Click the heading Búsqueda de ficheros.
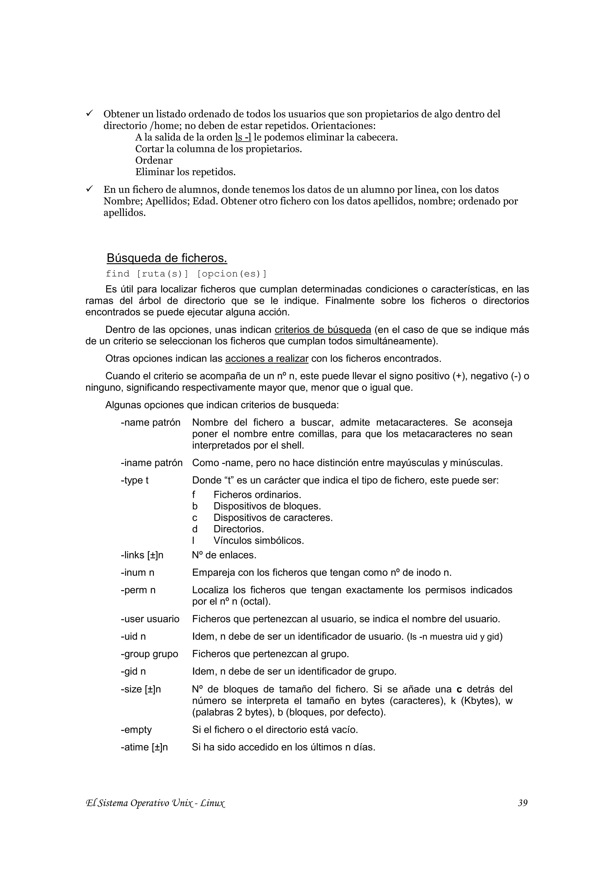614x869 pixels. pos(167,258)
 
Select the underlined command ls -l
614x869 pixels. pos(243,137)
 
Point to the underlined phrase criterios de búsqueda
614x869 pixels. pos(323,330)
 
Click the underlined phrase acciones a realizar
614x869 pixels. pos(267,358)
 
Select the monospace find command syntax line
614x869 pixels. pos(186,274)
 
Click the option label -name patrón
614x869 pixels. pos(151,423)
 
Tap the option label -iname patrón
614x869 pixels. pos(152,463)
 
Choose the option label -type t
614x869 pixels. pos(135,480)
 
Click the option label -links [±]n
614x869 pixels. pos(142,555)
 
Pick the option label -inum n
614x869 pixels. pos(138,573)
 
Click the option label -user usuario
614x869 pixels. pos(150,619)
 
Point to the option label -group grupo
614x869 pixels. pos(149,654)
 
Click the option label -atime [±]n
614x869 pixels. pos(144,747)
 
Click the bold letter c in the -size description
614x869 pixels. pos(459,689)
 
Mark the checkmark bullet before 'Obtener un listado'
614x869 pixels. pos(90,113)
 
